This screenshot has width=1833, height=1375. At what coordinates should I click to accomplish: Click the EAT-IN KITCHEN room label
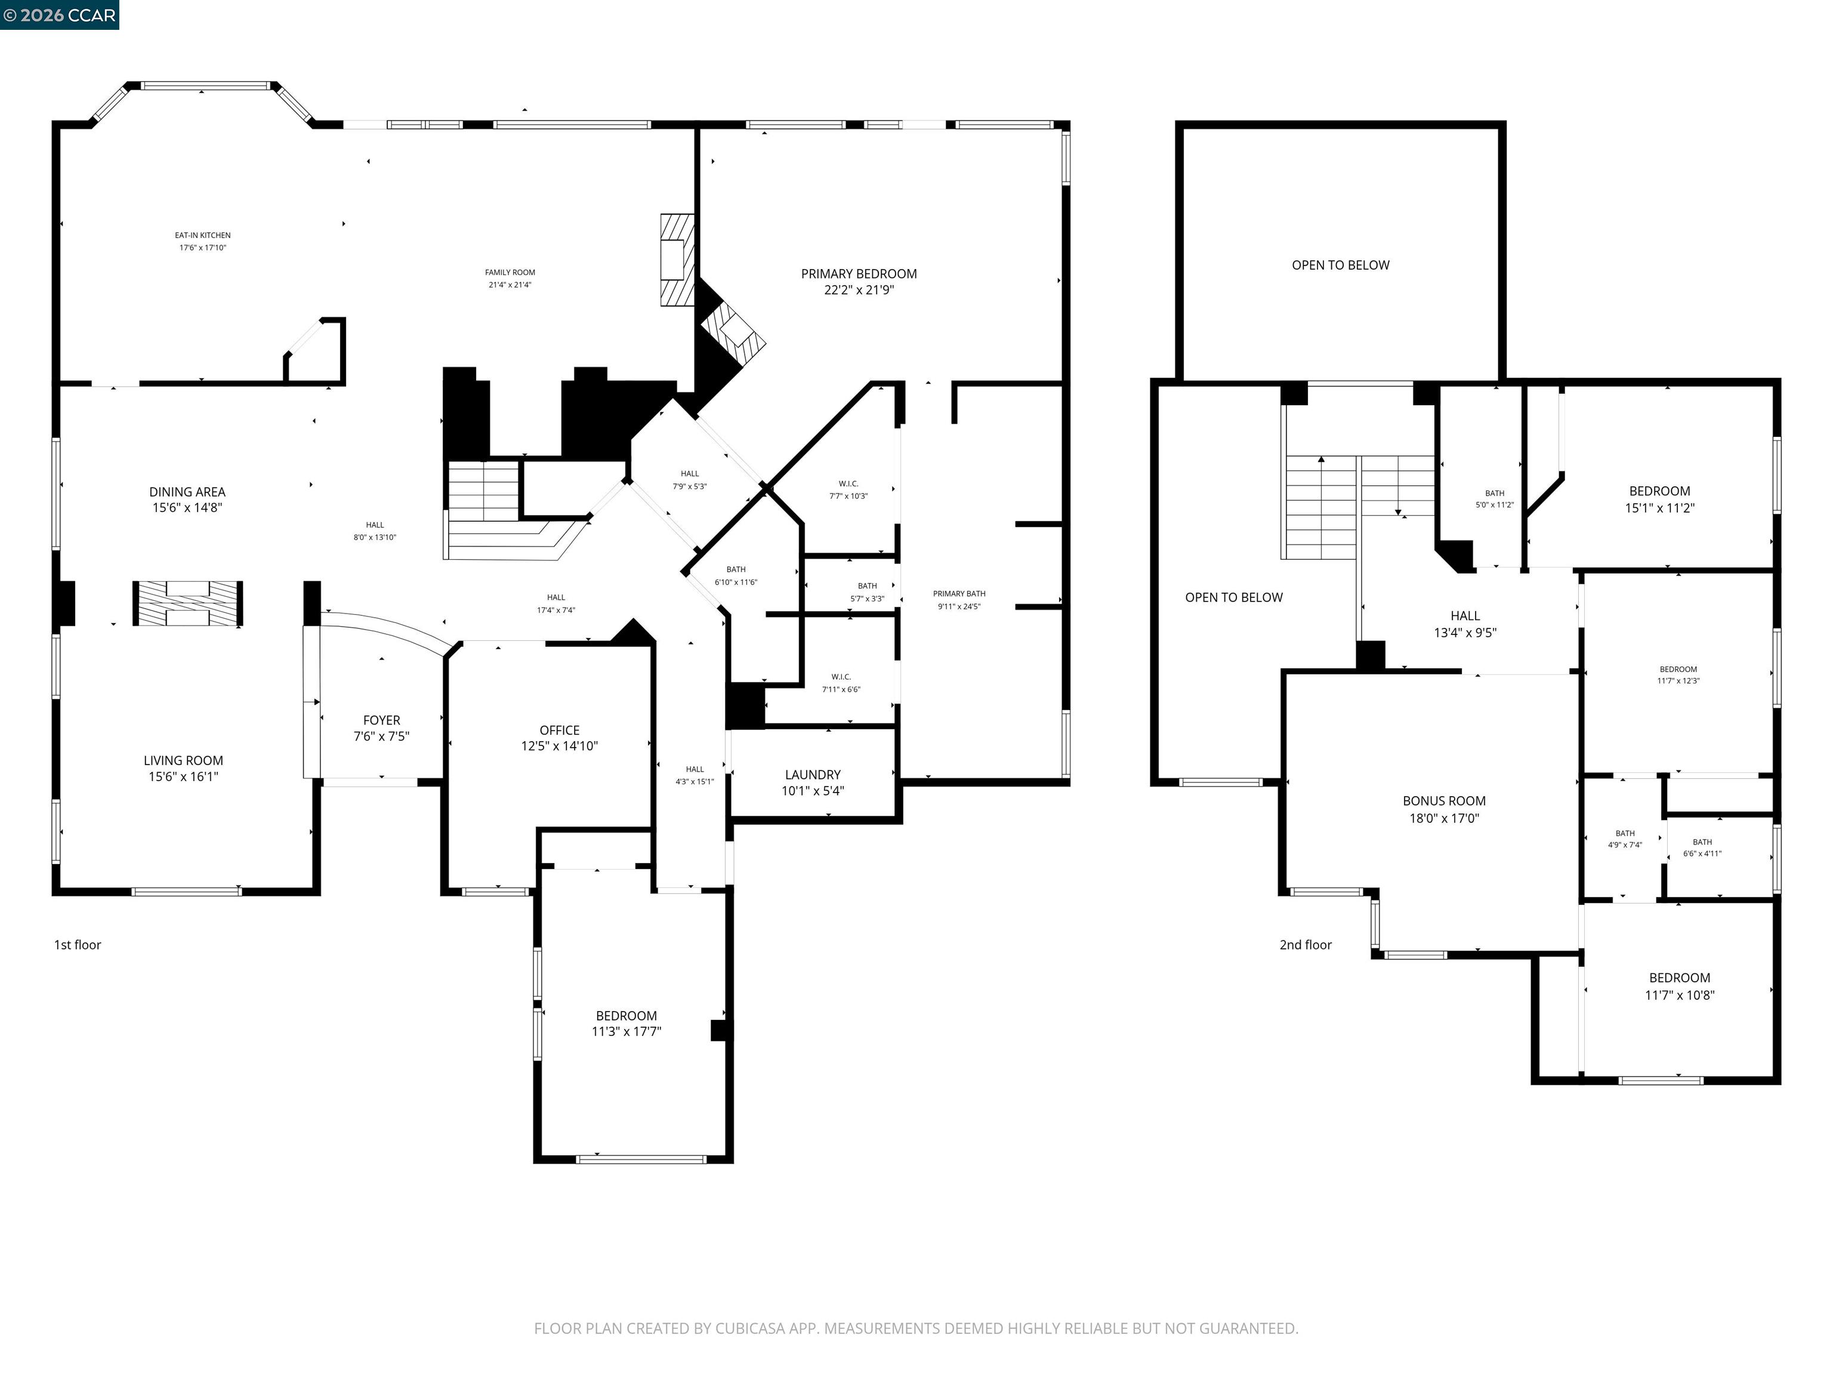pos(202,235)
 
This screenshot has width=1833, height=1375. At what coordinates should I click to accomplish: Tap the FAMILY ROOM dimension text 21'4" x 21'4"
pos(510,285)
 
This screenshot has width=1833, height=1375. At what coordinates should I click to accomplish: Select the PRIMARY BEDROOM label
pos(859,273)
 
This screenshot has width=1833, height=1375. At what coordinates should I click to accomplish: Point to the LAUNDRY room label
pos(812,774)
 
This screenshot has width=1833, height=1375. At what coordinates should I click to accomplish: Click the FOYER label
pos(381,720)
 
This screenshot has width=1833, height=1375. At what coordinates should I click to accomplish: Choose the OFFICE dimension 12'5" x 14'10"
pos(559,746)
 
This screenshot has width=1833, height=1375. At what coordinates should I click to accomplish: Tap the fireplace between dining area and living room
pos(188,603)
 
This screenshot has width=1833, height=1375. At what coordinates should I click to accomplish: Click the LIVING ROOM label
pos(183,760)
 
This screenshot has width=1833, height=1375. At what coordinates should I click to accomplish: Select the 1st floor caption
pos(77,945)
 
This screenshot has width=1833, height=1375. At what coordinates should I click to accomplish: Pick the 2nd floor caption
pos(1305,945)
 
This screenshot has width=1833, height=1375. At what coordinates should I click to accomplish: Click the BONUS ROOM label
pos(1443,801)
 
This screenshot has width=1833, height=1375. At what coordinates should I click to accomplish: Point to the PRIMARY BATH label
pos(959,593)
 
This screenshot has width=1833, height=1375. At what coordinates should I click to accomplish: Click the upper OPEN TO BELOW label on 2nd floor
pos(1340,265)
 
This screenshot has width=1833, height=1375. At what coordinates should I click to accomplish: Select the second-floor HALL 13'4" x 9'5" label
pos(1464,623)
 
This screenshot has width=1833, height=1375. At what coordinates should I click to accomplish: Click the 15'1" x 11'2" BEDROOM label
pos(1659,499)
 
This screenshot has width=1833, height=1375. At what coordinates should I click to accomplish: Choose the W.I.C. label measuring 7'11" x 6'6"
pos(841,677)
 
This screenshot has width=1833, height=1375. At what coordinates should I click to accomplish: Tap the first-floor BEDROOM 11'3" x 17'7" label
pos(626,1023)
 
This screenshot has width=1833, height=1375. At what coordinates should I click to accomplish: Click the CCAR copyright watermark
pos(59,15)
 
